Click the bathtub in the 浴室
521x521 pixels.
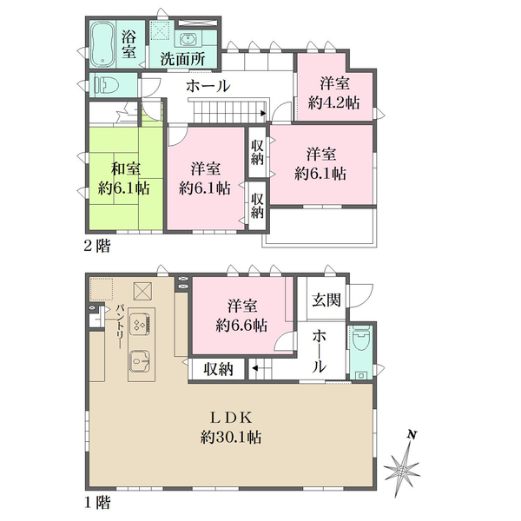point(102,44)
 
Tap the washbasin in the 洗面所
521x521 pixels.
point(189,40)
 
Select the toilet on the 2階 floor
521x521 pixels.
point(107,85)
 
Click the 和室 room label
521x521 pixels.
point(126,169)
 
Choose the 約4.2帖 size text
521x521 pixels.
point(334,103)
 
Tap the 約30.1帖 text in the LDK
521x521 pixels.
point(231,438)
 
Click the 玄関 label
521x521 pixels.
point(326,300)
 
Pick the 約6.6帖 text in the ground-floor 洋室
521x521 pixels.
point(241,326)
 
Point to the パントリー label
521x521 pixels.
point(120,326)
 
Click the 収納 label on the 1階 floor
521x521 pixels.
point(218,369)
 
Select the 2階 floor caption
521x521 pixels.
point(96,247)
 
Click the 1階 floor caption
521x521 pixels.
point(96,503)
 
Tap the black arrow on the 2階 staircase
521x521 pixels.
point(264,113)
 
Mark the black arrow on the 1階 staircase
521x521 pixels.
point(255,368)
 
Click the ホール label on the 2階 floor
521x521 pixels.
point(208,86)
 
